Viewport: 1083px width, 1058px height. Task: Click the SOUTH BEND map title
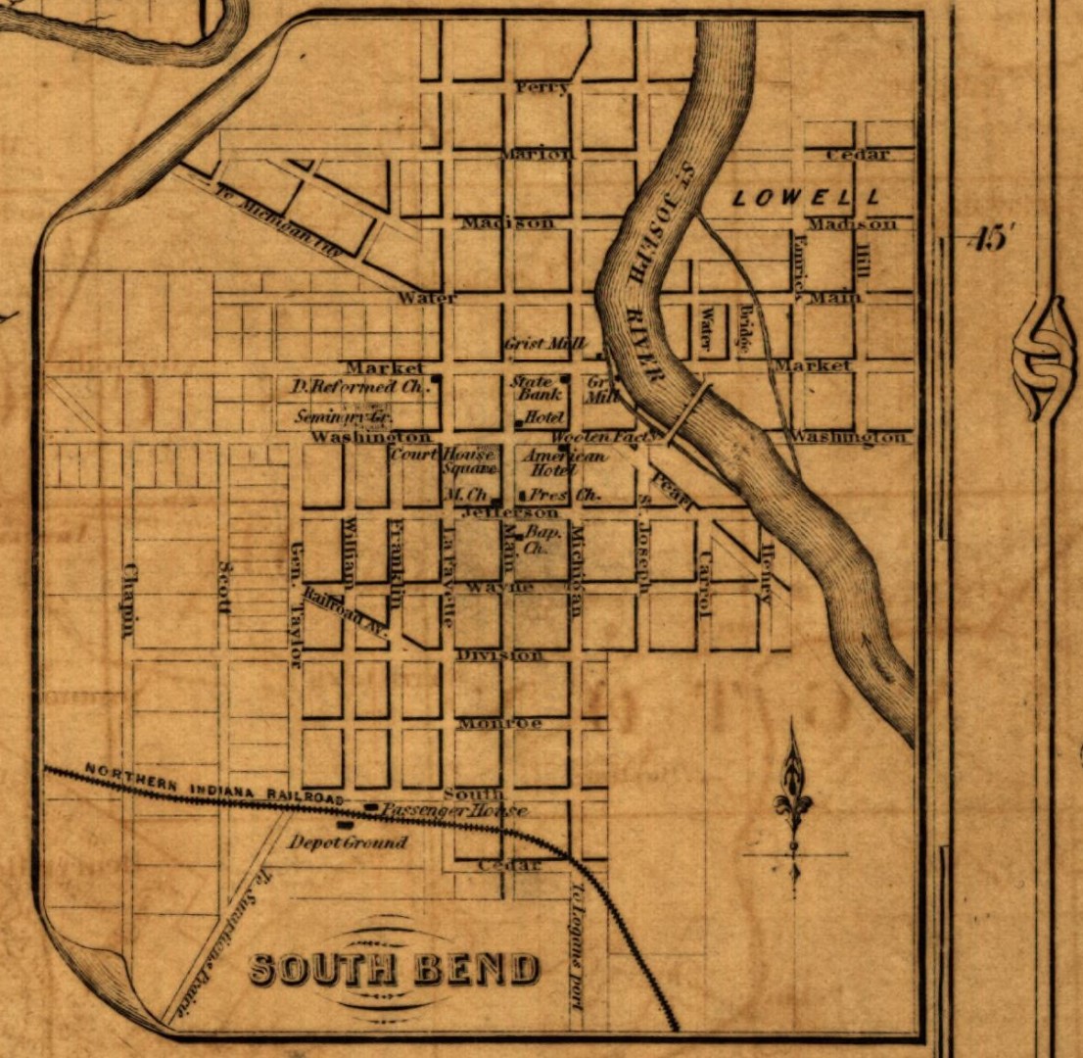tap(394, 969)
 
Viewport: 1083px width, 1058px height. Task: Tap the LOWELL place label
tap(805, 197)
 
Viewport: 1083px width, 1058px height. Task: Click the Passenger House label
tap(454, 811)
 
